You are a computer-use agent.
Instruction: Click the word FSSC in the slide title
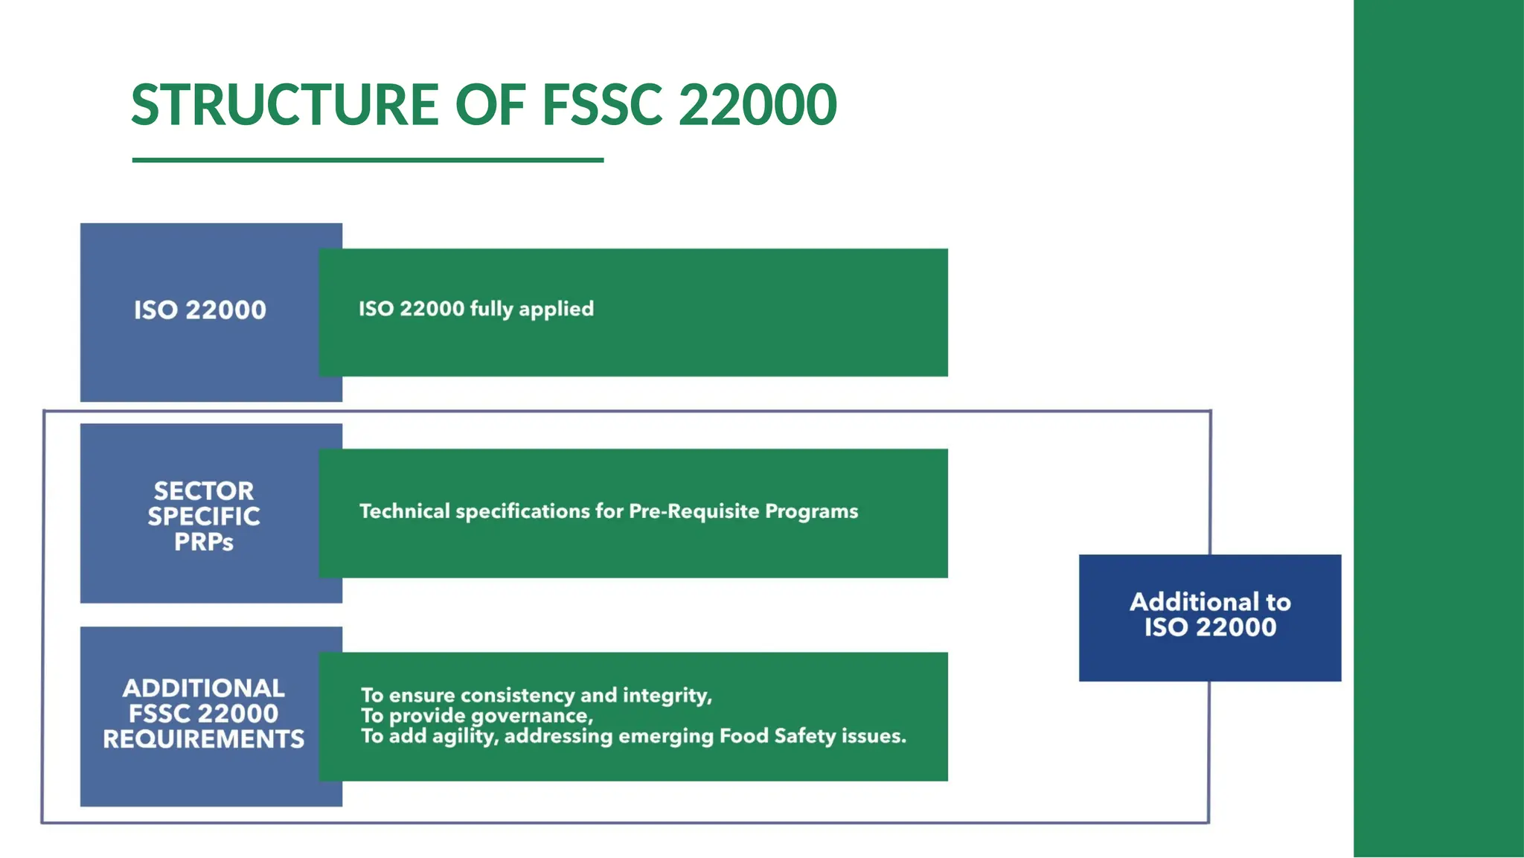tap(601, 104)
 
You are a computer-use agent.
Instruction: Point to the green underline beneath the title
tap(368, 160)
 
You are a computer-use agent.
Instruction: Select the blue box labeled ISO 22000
tap(199, 310)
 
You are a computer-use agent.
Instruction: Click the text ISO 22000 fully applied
tap(476, 309)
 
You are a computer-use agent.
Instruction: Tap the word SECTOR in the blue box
tap(204, 491)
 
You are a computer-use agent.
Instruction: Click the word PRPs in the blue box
tap(204, 542)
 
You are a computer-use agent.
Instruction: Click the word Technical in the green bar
tap(405, 511)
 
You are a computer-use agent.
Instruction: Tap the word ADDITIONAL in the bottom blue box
tap(204, 688)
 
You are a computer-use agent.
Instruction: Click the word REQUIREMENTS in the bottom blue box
tap(204, 740)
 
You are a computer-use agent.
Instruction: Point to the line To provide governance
tap(476, 716)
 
